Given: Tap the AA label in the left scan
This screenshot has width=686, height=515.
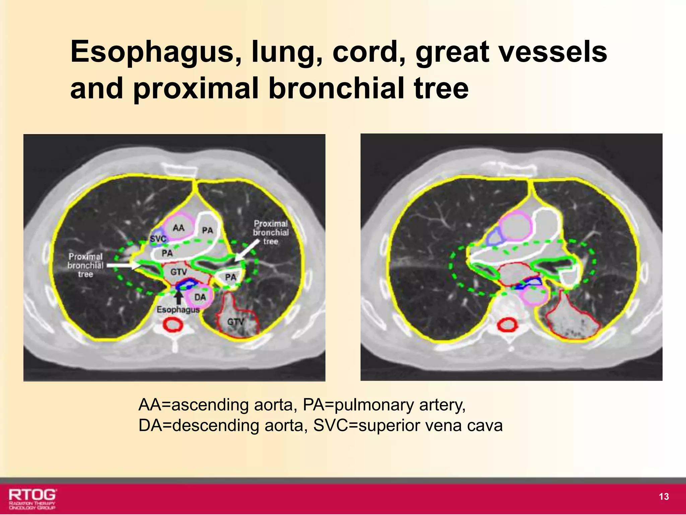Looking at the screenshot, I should pos(179,228).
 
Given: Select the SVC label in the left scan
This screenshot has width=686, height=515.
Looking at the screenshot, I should pos(158,239).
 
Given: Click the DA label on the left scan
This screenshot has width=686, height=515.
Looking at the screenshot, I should pos(200,297).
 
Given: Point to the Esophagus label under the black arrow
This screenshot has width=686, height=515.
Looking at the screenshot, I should pos(178,309).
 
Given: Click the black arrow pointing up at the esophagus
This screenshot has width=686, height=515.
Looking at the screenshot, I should pos(179,297).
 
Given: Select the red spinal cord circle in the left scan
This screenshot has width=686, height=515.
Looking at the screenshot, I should pos(173,325).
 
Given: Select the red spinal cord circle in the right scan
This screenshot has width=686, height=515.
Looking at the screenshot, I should pos(507,325).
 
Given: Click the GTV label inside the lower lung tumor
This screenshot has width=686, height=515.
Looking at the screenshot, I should pos(235,322).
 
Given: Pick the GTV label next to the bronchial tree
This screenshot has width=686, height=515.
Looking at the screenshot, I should pos(179,272).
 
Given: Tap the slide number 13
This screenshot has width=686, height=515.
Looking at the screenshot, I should pos(664,497).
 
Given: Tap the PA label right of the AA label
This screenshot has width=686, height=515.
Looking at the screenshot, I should pos(208,230).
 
